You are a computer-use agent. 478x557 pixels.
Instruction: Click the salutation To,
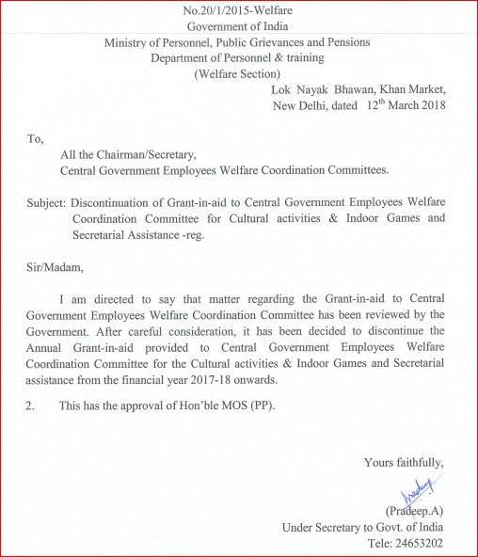[35, 138]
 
